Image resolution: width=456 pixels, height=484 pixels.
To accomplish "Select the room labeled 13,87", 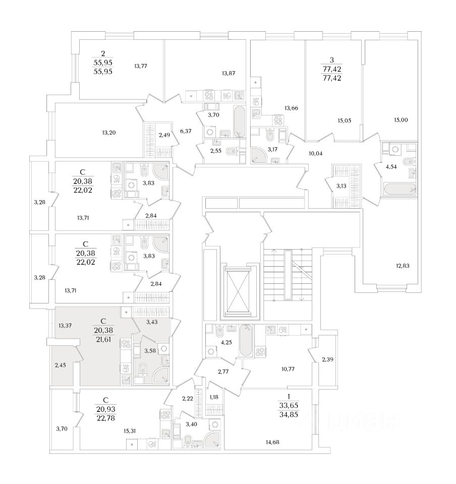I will click(x=229, y=73).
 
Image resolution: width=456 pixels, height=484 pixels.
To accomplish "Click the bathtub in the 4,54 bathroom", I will click(x=400, y=190).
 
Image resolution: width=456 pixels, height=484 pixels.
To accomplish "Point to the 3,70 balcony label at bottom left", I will click(x=62, y=429).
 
